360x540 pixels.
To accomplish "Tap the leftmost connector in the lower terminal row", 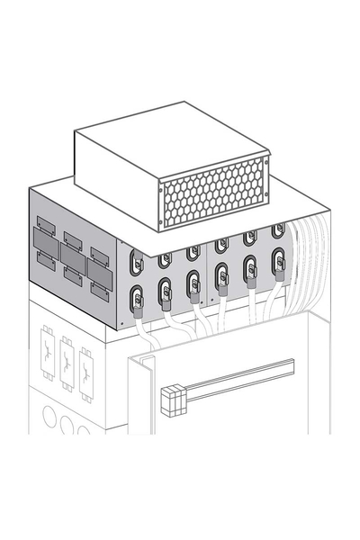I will pos(137,295).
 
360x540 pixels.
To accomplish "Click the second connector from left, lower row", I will pos(166,290).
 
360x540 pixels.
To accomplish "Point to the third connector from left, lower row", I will pos(193,284).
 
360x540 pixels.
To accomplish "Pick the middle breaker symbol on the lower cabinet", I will pos(66,362).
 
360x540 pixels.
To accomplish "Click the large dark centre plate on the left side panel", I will pos(72,247).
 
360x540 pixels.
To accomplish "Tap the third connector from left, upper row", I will pos(193,253).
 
